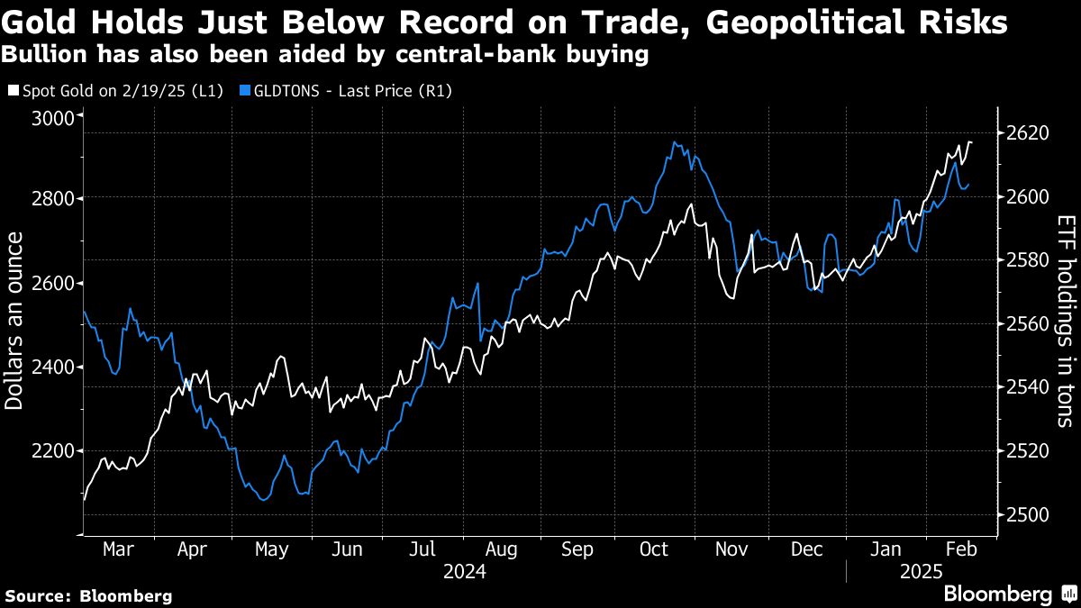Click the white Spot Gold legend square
click(x=13, y=91)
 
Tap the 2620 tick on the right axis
click(x=1025, y=132)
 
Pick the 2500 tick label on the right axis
click(x=1025, y=514)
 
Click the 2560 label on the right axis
click(x=1025, y=324)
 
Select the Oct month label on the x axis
click(x=652, y=549)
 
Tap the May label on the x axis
click(x=272, y=549)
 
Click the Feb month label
click(x=955, y=549)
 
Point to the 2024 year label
click(x=465, y=571)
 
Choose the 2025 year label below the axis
click(x=921, y=571)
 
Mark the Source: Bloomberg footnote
click(x=88, y=595)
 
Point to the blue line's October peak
click(x=675, y=142)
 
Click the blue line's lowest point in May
click(x=263, y=499)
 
